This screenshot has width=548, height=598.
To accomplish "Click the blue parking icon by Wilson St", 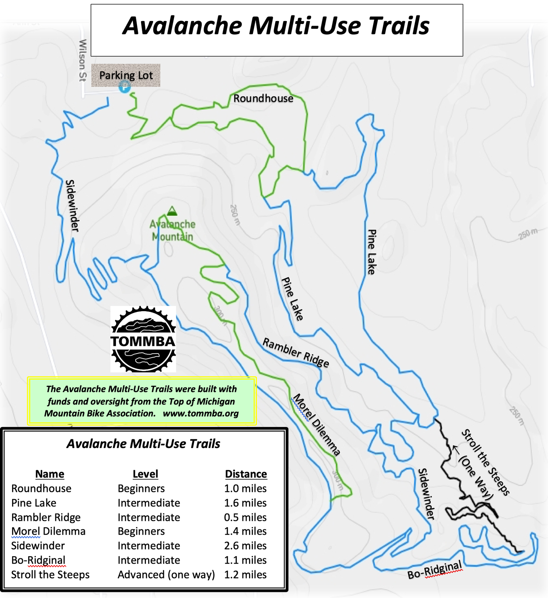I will [125, 86].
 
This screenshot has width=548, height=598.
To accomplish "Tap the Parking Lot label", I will [126, 75].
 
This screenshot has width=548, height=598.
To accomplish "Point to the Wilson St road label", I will [82, 60].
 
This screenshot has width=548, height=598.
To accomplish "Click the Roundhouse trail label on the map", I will [263, 99].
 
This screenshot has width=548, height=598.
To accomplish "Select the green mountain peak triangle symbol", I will [172, 211].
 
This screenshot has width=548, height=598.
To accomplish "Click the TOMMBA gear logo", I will [143, 339].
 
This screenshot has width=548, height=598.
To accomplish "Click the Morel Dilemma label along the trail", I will [316, 425].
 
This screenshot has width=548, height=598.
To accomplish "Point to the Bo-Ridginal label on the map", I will [435, 569].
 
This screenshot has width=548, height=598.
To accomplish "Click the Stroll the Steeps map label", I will [486, 463].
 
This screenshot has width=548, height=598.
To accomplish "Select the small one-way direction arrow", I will [456, 449].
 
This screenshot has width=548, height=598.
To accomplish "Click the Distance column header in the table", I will [246, 474].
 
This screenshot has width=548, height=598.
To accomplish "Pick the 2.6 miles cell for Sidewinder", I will [245, 546].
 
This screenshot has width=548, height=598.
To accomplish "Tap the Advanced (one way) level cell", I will [166, 575].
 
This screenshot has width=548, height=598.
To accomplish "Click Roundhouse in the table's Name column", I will [41, 489].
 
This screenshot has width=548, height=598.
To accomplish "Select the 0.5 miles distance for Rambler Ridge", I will [245, 517].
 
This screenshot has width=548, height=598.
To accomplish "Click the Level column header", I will [145, 474].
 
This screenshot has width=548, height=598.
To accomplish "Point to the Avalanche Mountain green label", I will [172, 230].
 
